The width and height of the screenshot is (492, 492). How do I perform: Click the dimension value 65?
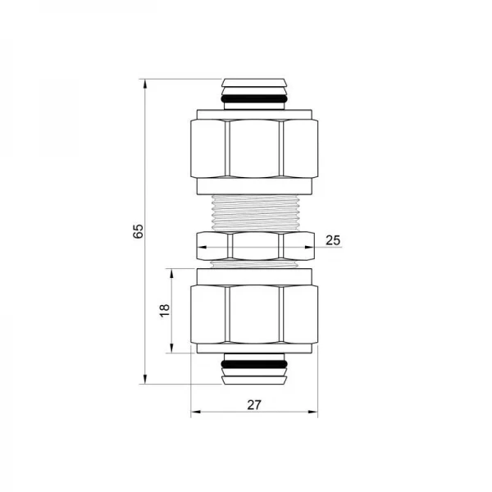click(x=139, y=232)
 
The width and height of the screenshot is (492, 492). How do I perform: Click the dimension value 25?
click(x=333, y=239)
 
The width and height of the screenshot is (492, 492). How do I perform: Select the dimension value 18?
click(x=164, y=309)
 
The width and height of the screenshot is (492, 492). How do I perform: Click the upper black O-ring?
click(x=255, y=98)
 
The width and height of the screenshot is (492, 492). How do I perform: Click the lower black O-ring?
click(x=255, y=363)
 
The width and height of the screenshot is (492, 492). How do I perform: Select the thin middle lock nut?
click(x=254, y=243)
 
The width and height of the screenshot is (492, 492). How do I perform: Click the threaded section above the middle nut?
click(x=254, y=211)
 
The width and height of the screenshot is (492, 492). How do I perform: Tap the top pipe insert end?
click(x=255, y=84)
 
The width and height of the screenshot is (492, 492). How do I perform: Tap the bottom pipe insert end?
click(x=255, y=376)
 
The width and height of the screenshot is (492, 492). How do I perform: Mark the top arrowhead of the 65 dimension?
click(x=145, y=82)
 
